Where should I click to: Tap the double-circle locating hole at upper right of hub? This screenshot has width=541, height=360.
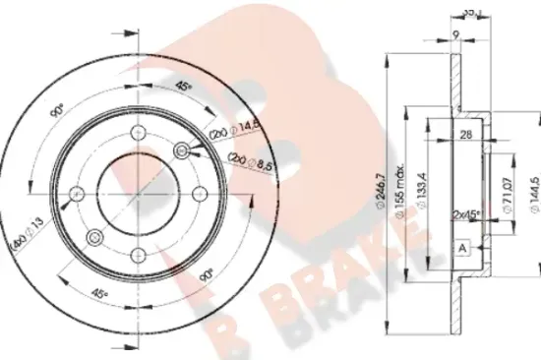(x=181, y=150)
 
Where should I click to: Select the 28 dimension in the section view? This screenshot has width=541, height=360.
(x=467, y=136)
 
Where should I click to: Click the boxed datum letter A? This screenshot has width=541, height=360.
(x=461, y=248)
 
